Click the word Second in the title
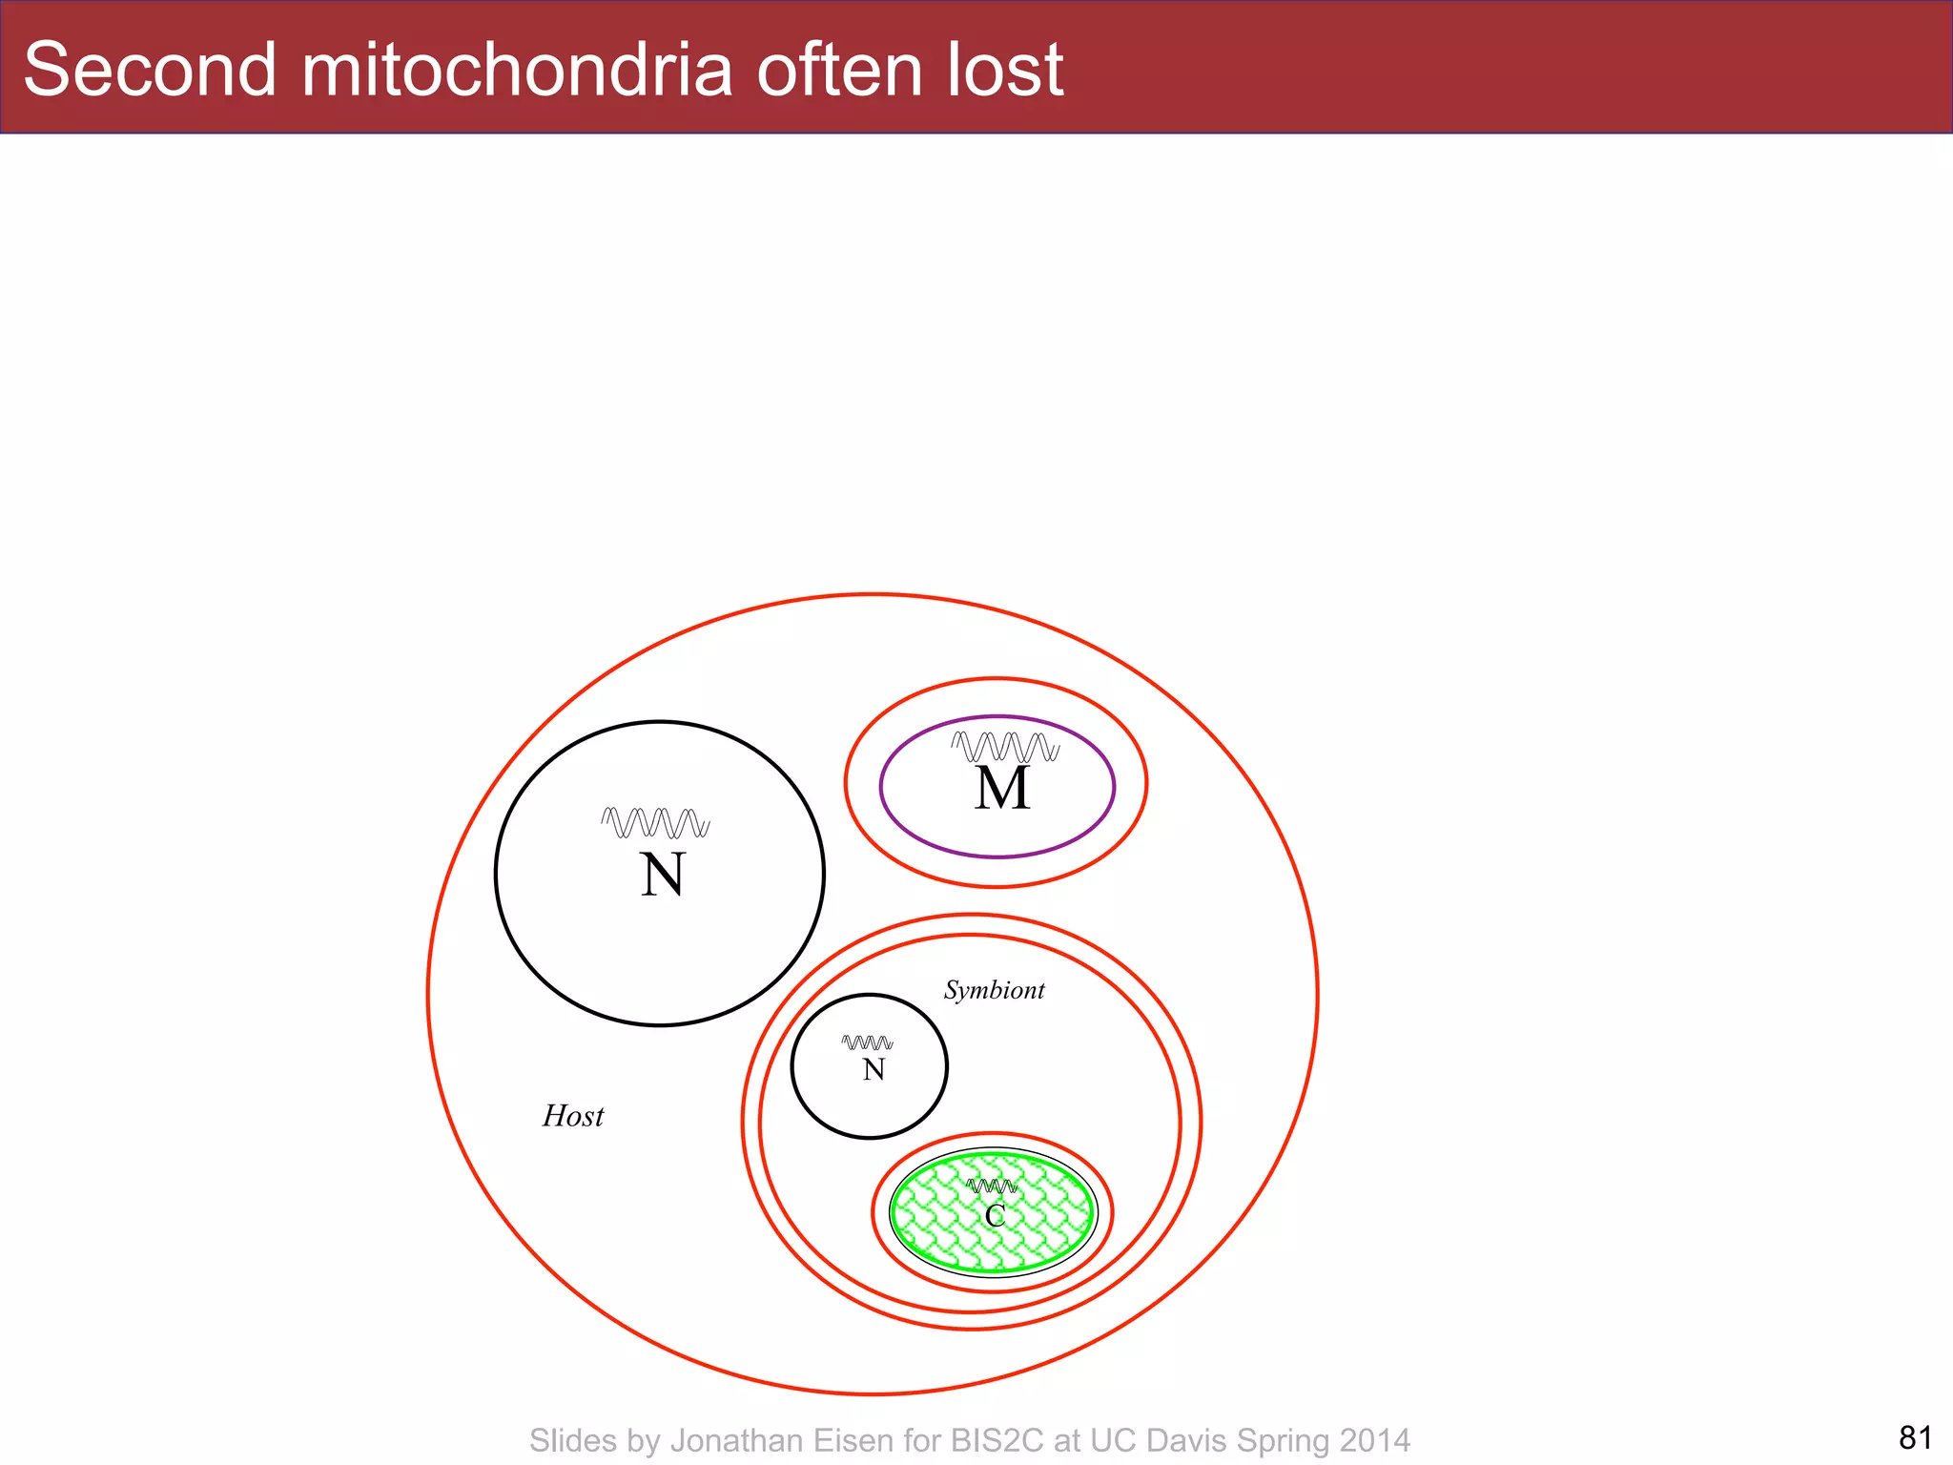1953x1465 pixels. pyautogui.click(x=150, y=70)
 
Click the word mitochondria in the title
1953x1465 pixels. pyautogui.click(x=518, y=70)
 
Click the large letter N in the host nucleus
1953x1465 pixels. pyautogui.click(x=662, y=875)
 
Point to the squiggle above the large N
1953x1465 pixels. pyautogui.click(x=656, y=822)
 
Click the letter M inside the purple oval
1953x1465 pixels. pyautogui.click(x=1002, y=789)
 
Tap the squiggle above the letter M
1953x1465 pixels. pyautogui.click(x=1005, y=746)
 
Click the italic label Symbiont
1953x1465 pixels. pyautogui.click(x=994, y=990)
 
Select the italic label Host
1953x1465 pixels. pyautogui.click(x=573, y=1116)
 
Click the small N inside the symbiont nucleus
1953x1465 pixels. pyautogui.click(x=874, y=1070)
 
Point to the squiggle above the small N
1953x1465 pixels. pyautogui.click(x=868, y=1042)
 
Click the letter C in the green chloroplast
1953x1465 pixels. pyautogui.click(x=995, y=1216)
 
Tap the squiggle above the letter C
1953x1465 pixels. pyautogui.click(x=992, y=1186)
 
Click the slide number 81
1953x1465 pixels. pyautogui.click(x=1915, y=1437)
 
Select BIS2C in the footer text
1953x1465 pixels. pyautogui.click(x=999, y=1440)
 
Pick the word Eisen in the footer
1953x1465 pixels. pyautogui.click(x=852, y=1440)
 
